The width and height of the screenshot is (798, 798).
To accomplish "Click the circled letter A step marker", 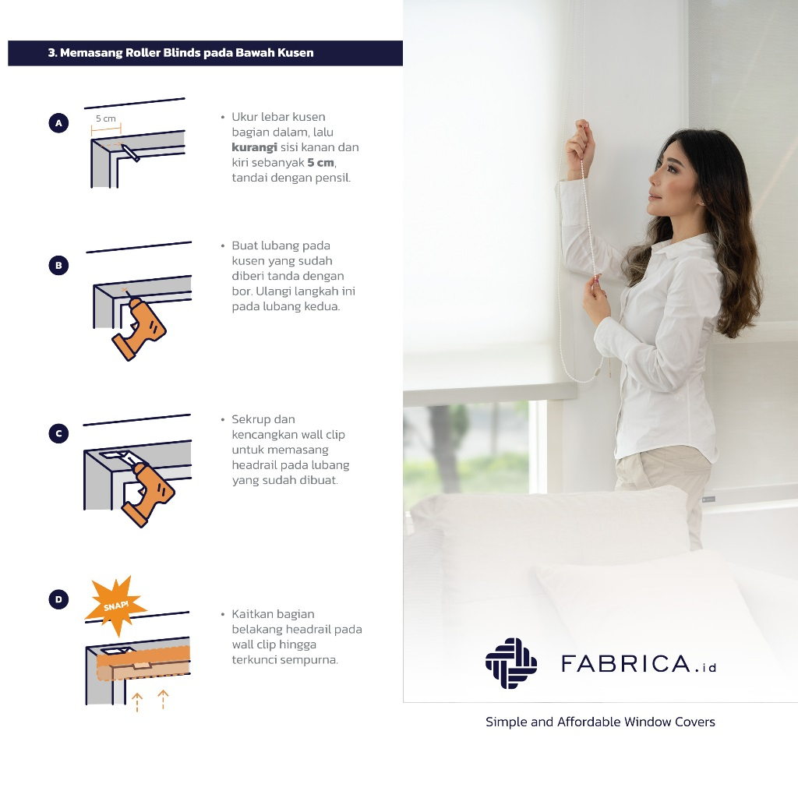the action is pyautogui.click(x=58, y=123).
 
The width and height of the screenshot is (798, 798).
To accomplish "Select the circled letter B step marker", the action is pyautogui.click(x=58, y=266).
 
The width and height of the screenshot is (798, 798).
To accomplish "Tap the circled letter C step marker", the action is pyautogui.click(x=58, y=433).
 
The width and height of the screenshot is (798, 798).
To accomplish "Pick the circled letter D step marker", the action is pyautogui.click(x=58, y=599).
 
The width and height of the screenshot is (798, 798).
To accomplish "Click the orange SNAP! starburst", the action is pyautogui.click(x=116, y=606).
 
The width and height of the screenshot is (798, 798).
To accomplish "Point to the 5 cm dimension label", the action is pyautogui.click(x=106, y=118).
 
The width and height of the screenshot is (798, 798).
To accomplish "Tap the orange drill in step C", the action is pyautogui.click(x=147, y=493).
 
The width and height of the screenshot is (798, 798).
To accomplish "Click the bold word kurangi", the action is pyautogui.click(x=255, y=147).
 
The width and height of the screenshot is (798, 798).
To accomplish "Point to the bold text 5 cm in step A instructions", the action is pyautogui.click(x=320, y=163).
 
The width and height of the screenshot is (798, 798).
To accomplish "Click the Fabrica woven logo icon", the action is pyautogui.click(x=511, y=663).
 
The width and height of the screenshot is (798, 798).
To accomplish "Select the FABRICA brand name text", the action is pyautogui.click(x=626, y=664).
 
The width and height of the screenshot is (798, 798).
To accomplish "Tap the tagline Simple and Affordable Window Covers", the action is pyautogui.click(x=601, y=722).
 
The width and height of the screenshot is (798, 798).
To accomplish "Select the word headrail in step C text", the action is pyautogui.click(x=255, y=465).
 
